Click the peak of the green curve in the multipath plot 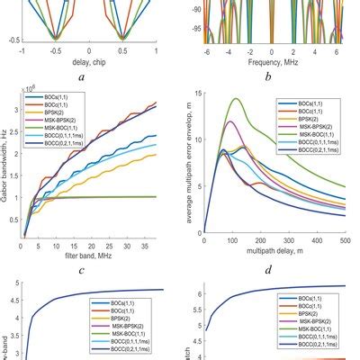click(237, 99)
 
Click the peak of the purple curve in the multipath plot click(232, 121)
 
